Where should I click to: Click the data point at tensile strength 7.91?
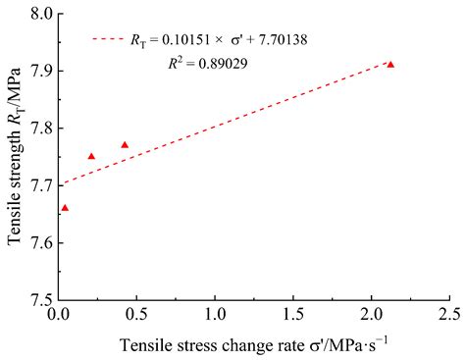(390, 65)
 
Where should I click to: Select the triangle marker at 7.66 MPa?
(65, 208)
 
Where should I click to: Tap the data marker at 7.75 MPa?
(92, 156)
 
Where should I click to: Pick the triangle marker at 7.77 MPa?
(125, 145)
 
